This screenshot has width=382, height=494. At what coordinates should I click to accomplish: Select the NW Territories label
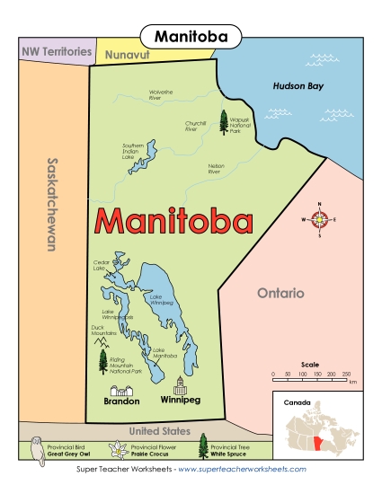(x=57, y=52)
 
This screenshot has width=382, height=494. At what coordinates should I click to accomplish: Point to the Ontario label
(x=280, y=293)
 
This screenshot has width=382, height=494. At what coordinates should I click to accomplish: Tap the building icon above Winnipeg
(x=180, y=384)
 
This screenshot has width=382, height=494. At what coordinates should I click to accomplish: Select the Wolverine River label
(x=160, y=93)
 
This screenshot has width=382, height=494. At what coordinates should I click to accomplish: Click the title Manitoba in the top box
(x=191, y=37)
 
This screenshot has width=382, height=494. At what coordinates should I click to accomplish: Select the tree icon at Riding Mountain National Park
(x=102, y=360)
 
